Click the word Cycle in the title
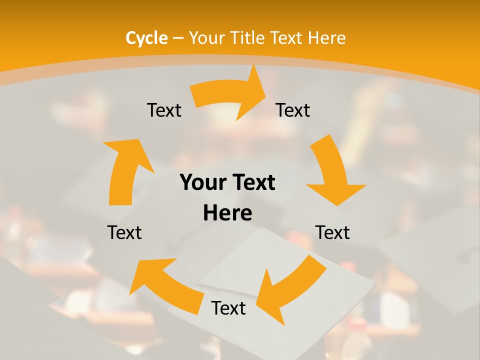pyautogui.click(x=146, y=38)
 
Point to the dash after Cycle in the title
pyautogui.click(x=178, y=38)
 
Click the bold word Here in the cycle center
pyautogui.click(x=227, y=213)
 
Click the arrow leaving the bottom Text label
pyautogui.click(x=165, y=282)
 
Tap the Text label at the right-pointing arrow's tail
pyautogui.click(x=164, y=110)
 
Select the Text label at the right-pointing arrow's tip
pyautogui.click(x=293, y=110)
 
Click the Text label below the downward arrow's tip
pyautogui.click(x=332, y=232)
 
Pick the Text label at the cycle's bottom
pyautogui.click(x=228, y=308)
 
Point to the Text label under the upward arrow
pyautogui.click(x=124, y=232)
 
